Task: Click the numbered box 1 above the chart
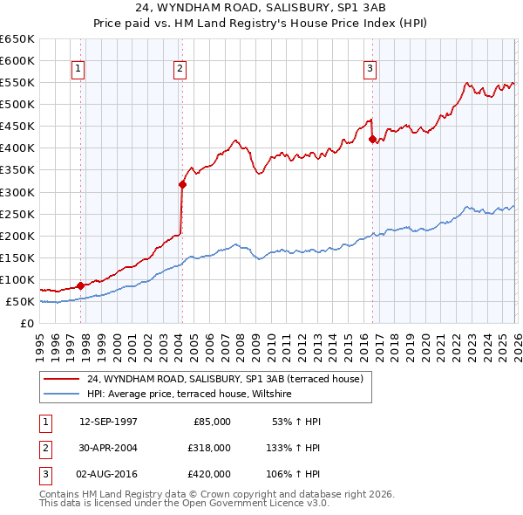point(78,69)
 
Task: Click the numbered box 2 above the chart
point(180,69)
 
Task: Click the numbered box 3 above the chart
point(370,69)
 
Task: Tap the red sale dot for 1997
point(81,285)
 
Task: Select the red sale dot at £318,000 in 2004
point(182,184)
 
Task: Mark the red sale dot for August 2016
point(372,139)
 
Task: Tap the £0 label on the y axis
point(27,324)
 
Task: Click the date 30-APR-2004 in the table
point(108,447)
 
